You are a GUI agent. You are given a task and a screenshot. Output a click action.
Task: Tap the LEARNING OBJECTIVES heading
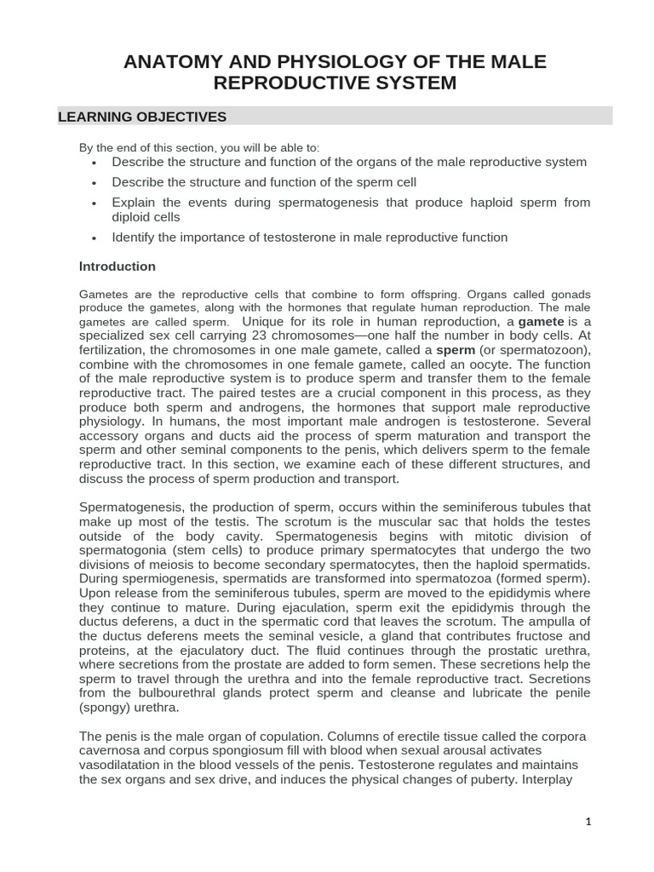click(141, 117)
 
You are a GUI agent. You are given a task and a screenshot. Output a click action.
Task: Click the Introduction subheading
click(118, 267)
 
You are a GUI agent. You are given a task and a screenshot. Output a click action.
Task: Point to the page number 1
click(588, 822)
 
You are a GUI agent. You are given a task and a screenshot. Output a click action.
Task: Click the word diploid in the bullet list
click(134, 216)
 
